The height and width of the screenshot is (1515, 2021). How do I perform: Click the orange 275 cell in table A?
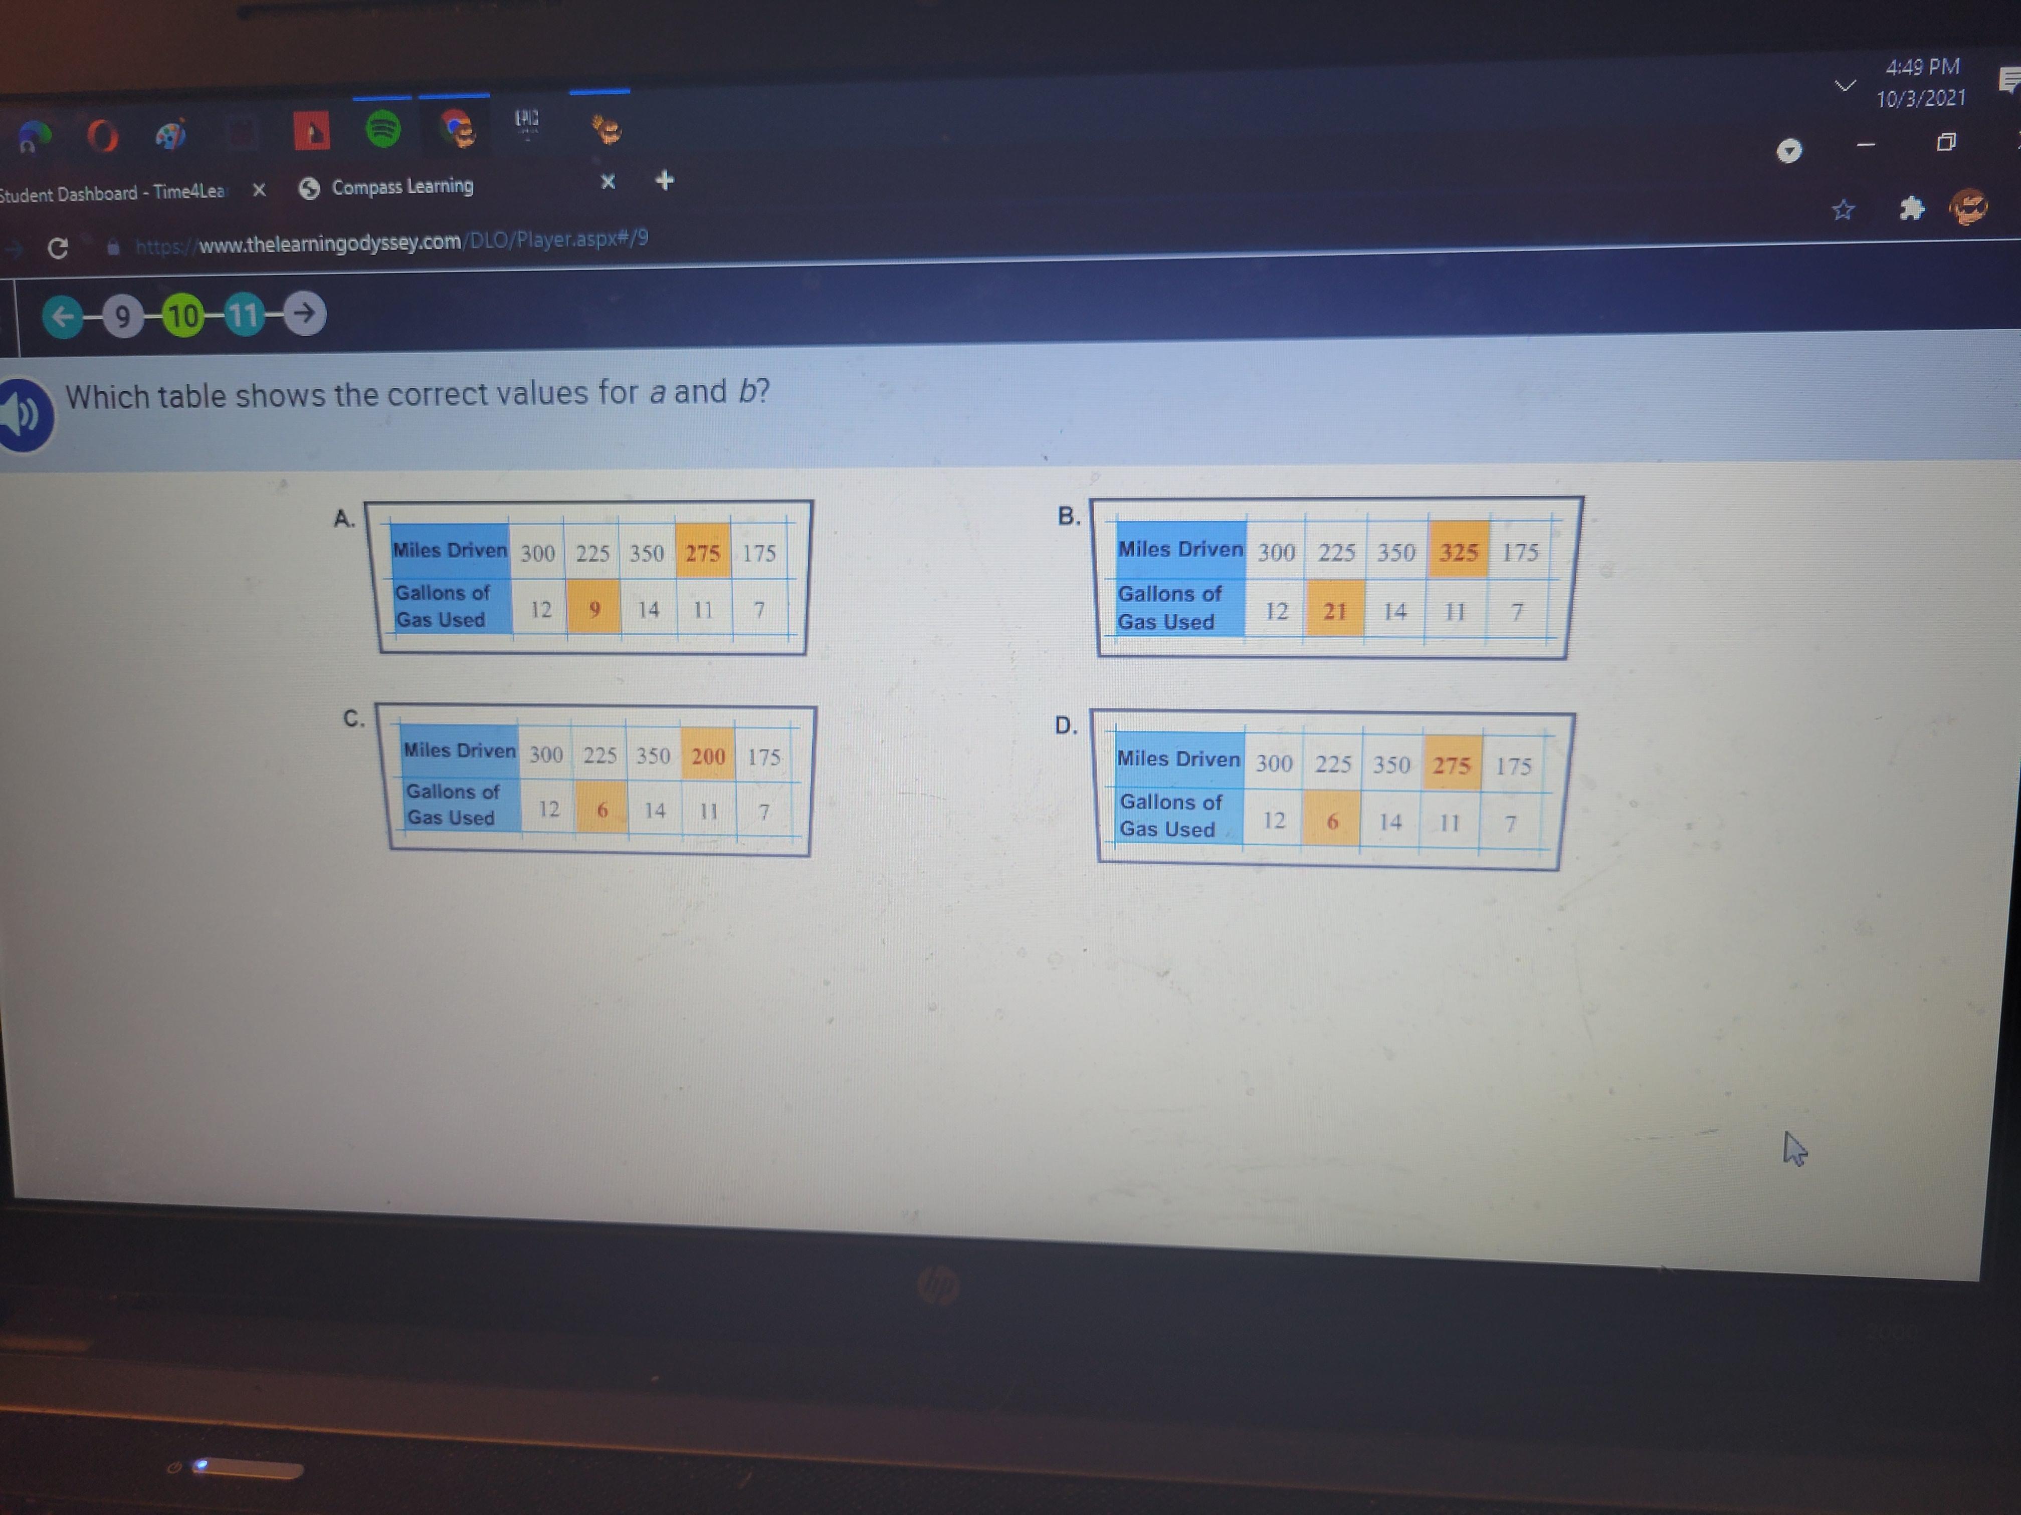click(x=703, y=552)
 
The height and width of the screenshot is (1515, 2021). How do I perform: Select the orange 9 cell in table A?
click(x=594, y=607)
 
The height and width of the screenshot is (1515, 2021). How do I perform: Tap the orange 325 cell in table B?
click(x=1458, y=551)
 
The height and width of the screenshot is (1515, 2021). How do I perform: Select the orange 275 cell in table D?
click(x=1451, y=764)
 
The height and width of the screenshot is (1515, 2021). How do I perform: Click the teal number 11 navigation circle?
click(x=244, y=315)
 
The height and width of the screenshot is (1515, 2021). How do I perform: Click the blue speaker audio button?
click(x=23, y=415)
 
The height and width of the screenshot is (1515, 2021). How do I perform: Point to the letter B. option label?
click(x=1068, y=516)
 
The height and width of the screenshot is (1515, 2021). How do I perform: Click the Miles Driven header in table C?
click(x=460, y=750)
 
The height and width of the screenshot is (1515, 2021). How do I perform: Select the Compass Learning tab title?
click(x=402, y=186)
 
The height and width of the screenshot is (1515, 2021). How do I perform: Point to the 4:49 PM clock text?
click(x=1922, y=67)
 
